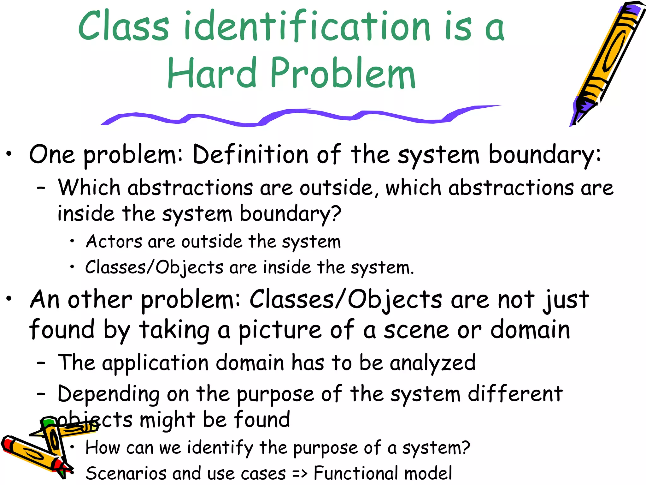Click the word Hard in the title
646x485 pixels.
click(212, 73)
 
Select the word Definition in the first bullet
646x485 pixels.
click(250, 155)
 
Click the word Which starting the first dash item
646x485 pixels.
click(89, 187)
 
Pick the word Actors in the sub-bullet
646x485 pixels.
click(114, 242)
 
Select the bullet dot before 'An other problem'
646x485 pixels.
click(9, 298)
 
